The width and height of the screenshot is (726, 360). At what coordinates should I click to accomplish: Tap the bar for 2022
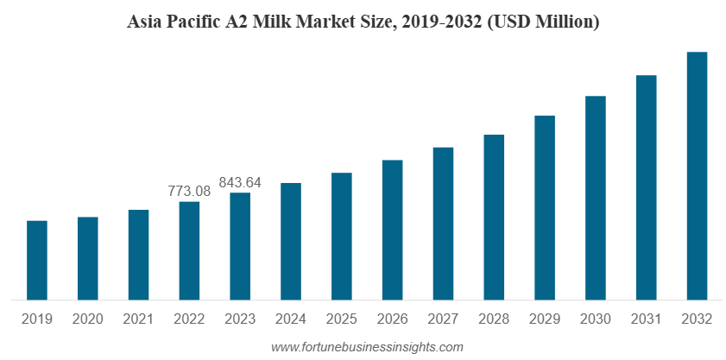(x=189, y=251)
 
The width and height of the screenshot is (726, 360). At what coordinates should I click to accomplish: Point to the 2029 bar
(x=545, y=208)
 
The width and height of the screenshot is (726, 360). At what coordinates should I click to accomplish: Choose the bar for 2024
(x=291, y=242)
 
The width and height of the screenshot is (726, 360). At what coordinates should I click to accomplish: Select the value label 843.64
(x=240, y=182)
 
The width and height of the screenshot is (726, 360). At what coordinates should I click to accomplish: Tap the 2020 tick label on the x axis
(x=87, y=319)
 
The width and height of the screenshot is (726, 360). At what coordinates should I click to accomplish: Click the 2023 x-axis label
(x=240, y=319)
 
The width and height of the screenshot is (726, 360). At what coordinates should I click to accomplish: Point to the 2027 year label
(x=443, y=319)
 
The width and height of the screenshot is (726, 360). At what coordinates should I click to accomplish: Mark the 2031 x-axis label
(x=646, y=319)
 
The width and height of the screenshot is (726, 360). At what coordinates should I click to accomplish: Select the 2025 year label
(x=341, y=319)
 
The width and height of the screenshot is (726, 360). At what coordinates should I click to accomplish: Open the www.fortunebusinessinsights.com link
(x=367, y=347)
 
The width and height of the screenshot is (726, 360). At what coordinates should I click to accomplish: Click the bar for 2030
(x=596, y=199)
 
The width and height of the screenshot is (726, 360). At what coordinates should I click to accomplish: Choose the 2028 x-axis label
(x=494, y=319)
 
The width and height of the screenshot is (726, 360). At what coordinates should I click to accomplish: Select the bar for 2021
(x=138, y=256)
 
